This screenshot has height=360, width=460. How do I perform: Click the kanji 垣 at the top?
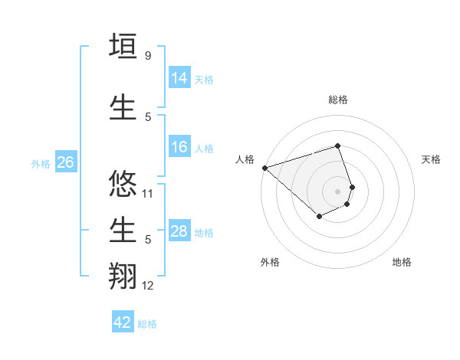(124, 47)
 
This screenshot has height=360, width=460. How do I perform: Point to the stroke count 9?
(147, 56)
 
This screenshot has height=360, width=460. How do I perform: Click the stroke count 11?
(148, 194)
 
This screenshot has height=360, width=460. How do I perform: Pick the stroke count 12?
(148, 286)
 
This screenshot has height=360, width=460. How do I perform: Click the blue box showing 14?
(179, 77)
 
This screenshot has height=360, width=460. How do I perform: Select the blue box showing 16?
(179, 147)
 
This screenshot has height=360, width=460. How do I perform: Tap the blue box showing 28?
(179, 231)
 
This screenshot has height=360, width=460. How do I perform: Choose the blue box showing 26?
(65, 162)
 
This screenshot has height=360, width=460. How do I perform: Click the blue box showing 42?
(123, 322)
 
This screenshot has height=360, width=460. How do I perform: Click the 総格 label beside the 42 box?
(147, 324)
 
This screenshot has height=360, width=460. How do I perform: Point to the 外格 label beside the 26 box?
(41, 163)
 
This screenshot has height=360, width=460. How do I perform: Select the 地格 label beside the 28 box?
(204, 232)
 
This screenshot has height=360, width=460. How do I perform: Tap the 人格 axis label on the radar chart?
(245, 159)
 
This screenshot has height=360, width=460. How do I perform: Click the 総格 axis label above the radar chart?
(337, 100)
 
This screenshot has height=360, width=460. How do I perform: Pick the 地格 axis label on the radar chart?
(402, 262)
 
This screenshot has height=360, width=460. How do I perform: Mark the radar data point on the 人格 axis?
(264, 167)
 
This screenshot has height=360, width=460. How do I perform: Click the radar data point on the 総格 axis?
(337, 146)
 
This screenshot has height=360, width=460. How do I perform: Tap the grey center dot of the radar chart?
(337, 191)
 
